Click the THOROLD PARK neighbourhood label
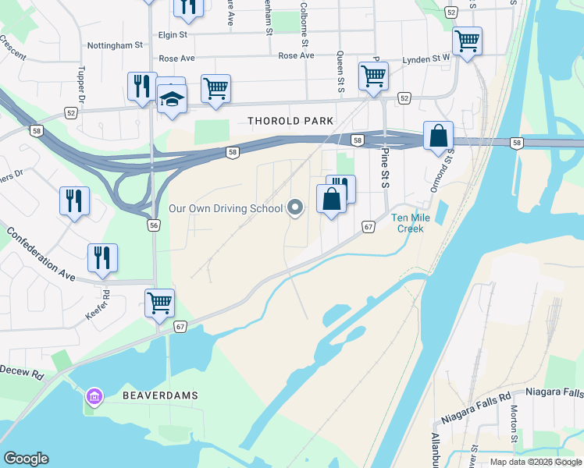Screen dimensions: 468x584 point(290,121)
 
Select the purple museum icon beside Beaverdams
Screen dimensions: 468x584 point(94,398)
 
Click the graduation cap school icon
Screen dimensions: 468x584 point(171,98)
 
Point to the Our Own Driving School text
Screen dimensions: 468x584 point(226,208)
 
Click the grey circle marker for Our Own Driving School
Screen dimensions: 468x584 point(295,207)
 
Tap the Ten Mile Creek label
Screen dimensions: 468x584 point(407,223)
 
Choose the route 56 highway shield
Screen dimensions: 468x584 point(154,225)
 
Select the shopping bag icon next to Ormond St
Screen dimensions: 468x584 point(439,136)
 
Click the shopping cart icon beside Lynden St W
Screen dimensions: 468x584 point(467,40)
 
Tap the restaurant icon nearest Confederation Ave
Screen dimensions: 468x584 point(102,257)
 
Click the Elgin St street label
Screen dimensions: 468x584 point(172,34)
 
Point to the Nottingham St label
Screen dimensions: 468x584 point(115,46)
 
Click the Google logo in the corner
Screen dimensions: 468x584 point(26,459)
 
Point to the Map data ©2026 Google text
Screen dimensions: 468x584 point(535,462)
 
